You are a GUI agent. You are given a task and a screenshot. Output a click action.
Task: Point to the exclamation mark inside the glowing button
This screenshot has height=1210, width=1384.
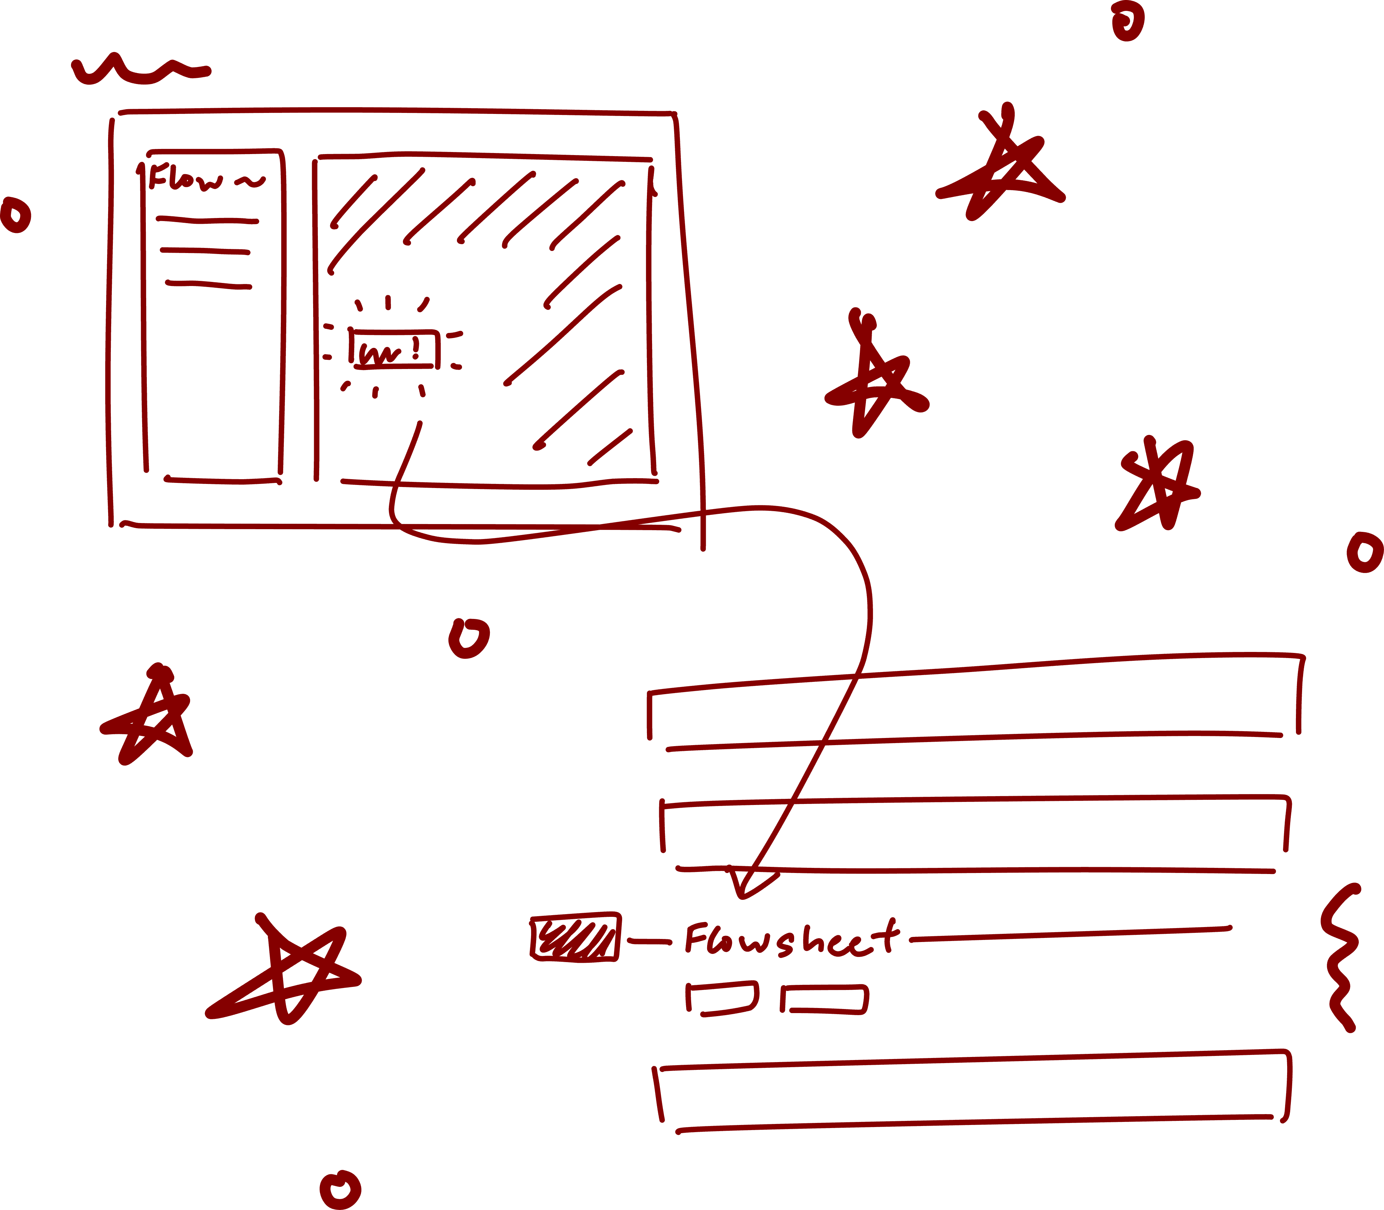pyautogui.click(x=415, y=347)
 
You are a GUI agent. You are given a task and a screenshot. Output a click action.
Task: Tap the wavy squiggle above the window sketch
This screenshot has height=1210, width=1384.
pyautogui.click(x=138, y=71)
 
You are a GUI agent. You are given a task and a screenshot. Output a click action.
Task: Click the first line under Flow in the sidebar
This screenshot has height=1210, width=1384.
pyautogui.click(x=207, y=219)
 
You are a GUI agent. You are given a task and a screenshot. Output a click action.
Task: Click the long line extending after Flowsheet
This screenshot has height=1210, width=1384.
pyautogui.click(x=1070, y=934)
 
